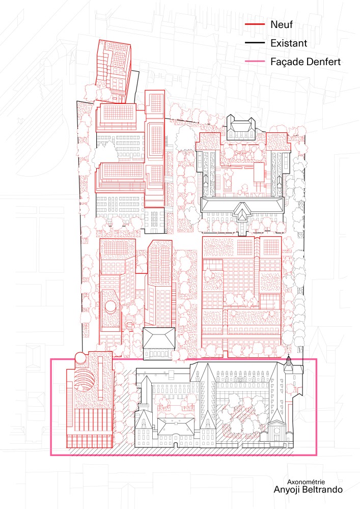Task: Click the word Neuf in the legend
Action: tap(282, 24)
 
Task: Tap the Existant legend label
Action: tap(289, 43)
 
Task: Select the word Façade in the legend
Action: tap(286, 62)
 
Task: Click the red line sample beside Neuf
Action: tap(255, 24)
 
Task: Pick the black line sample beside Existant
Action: tap(255, 43)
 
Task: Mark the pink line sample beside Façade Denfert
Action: tap(255, 62)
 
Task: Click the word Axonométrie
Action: tap(306, 482)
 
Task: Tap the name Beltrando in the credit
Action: tap(322, 489)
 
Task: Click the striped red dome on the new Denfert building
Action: tap(85, 384)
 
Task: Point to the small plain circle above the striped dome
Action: tap(80, 358)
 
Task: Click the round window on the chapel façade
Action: tap(276, 431)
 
